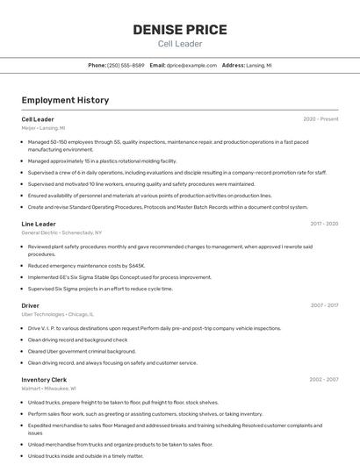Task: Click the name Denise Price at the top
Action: pyautogui.click(x=180, y=30)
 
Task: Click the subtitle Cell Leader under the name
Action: pyautogui.click(x=180, y=44)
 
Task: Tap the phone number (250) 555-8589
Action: pyautogui.click(x=126, y=65)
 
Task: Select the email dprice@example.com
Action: pyautogui.click(x=191, y=65)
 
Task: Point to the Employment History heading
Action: pyautogui.click(x=65, y=100)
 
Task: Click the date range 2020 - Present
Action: pyautogui.click(x=320, y=118)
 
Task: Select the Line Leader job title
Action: pyautogui.click(x=39, y=224)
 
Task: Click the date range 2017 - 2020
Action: pyautogui.click(x=324, y=224)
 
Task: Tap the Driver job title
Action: pyautogui.click(x=30, y=305)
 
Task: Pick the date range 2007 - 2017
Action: pyautogui.click(x=324, y=305)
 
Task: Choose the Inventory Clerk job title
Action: pyautogui.click(x=43, y=379)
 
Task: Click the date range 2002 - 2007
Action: pyautogui.click(x=324, y=379)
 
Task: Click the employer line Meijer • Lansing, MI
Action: pyautogui.click(x=43, y=128)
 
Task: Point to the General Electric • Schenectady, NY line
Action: pyautogui.click(x=61, y=232)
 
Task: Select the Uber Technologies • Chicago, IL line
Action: pyautogui.click(x=57, y=314)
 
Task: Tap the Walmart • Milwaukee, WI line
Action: pyautogui.click(x=48, y=388)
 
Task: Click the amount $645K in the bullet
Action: pyautogui.click(x=136, y=265)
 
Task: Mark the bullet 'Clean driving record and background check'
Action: pyautogui.click(x=77, y=340)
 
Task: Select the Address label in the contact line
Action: pyautogui.click(x=233, y=65)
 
